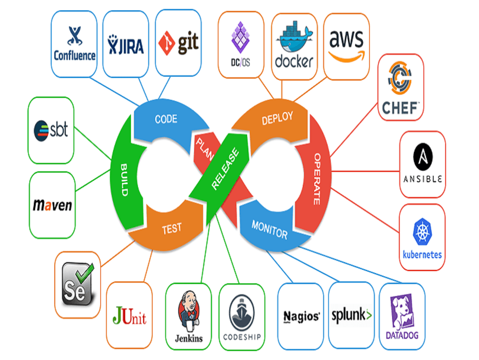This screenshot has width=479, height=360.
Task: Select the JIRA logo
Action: pos(126,45)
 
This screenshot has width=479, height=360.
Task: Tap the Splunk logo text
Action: pos(352,315)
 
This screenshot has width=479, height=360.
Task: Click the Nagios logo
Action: pos(301,316)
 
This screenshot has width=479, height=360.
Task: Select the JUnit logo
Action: pos(129,316)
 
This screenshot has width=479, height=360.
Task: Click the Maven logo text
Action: pos(52,205)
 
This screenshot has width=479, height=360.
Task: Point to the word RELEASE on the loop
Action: pos(225,169)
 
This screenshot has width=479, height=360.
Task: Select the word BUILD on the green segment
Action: pos(123,180)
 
